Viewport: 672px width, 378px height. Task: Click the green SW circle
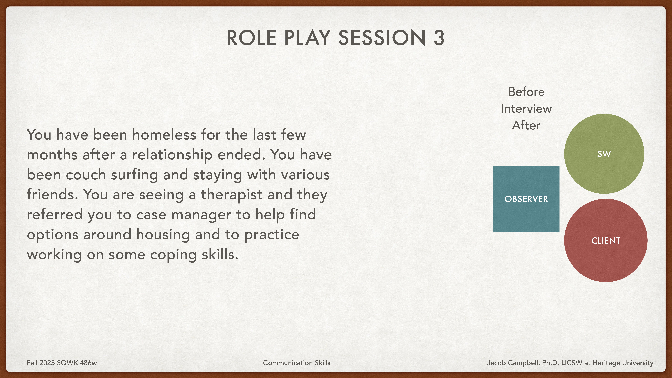click(x=604, y=154)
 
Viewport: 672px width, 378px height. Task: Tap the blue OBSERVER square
click(x=526, y=199)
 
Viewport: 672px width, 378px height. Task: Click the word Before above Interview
click(x=526, y=92)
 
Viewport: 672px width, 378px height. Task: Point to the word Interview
click(x=526, y=109)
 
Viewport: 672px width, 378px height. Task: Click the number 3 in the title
click(x=439, y=38)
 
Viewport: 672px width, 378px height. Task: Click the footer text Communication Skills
click(x=297, y=363)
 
